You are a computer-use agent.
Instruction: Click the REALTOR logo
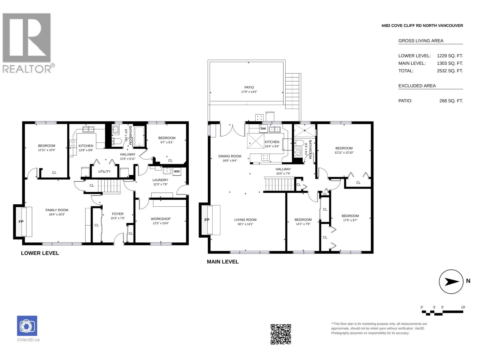(x=28, y=43)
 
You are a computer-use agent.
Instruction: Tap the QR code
(x=281, y=334)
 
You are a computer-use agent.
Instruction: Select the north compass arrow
(x=452, y=282)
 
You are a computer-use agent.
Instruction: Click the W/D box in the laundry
(x=177, y=171)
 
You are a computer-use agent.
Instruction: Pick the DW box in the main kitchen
(x=263, y=128)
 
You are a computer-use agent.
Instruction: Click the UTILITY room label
(x=104, y=172)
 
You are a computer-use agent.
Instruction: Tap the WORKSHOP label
(x=160, y=219)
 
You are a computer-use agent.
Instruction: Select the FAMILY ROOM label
(x=57, y=210)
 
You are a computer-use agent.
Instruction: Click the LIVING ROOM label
(x=245, y=220)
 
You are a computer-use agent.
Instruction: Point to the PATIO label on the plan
(x=249, y=87)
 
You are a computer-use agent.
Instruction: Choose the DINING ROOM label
(x=229, y=156)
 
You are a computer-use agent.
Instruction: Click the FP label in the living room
(x=207, y=220)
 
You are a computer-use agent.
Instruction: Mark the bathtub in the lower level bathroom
(x=139, y=136)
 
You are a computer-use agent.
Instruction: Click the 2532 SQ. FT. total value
(x=450, y=71)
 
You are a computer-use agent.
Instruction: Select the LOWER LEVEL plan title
(x=40, y=253)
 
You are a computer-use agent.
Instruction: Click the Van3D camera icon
(x=27, y=326)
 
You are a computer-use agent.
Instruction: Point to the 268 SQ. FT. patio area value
(x=451, y=101)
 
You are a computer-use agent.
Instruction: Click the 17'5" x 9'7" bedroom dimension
(x=350, y=220)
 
